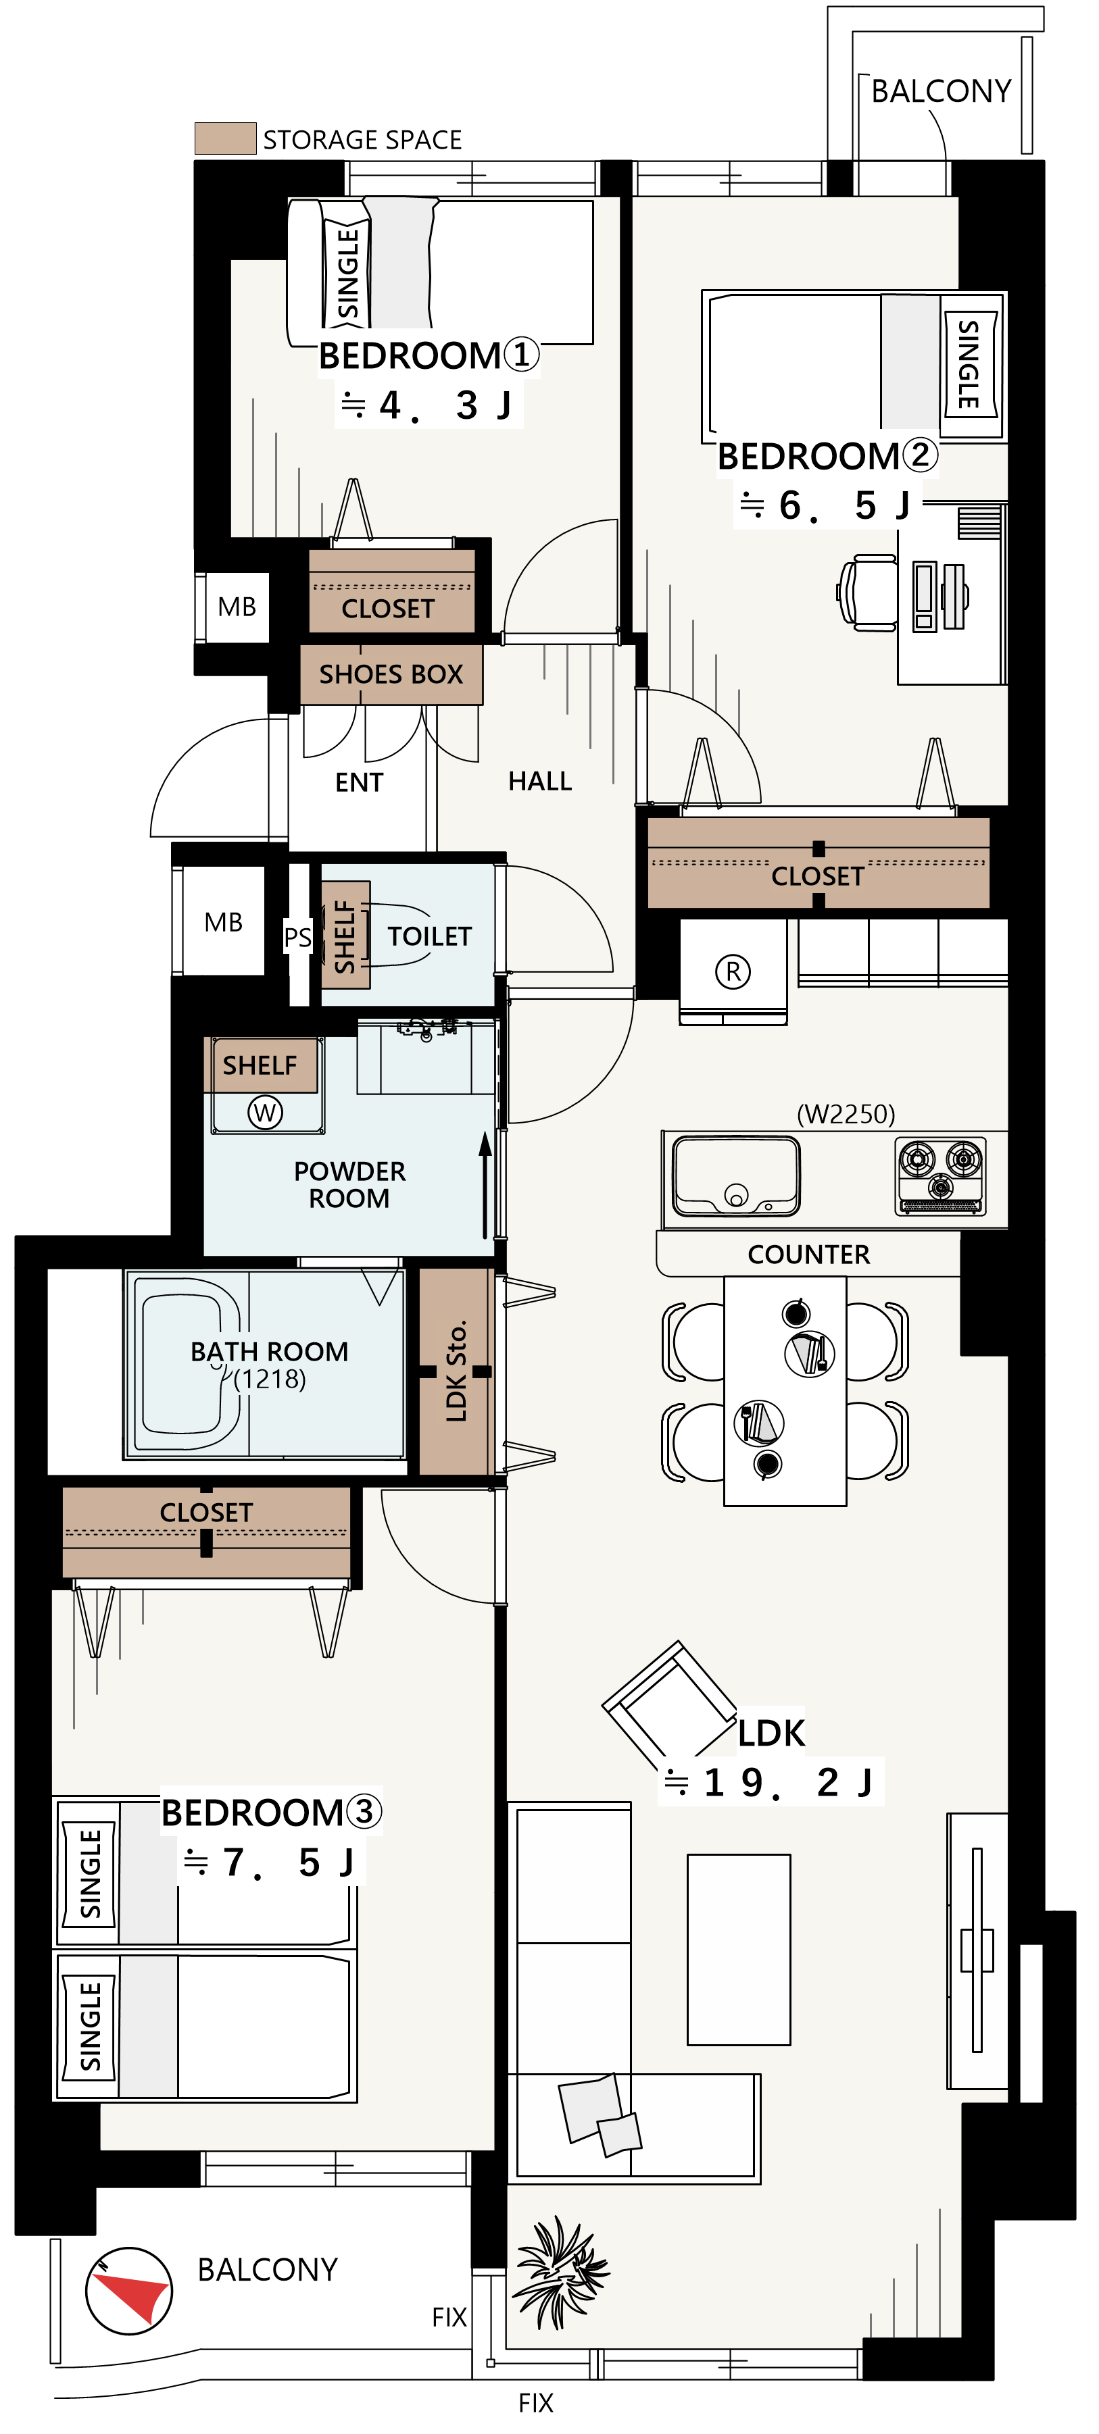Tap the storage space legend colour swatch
pos(225,138)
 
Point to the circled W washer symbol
pos(264,1112)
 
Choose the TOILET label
pos(429,936)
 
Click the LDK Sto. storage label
pos(456,1371)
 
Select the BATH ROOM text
pos(269,1351)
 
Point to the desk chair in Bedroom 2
pos(867,592)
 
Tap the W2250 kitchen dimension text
pos(846,1114)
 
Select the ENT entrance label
pos(359,782)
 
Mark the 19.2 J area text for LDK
pos(770,1782)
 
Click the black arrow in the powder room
pos(485,1185)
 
